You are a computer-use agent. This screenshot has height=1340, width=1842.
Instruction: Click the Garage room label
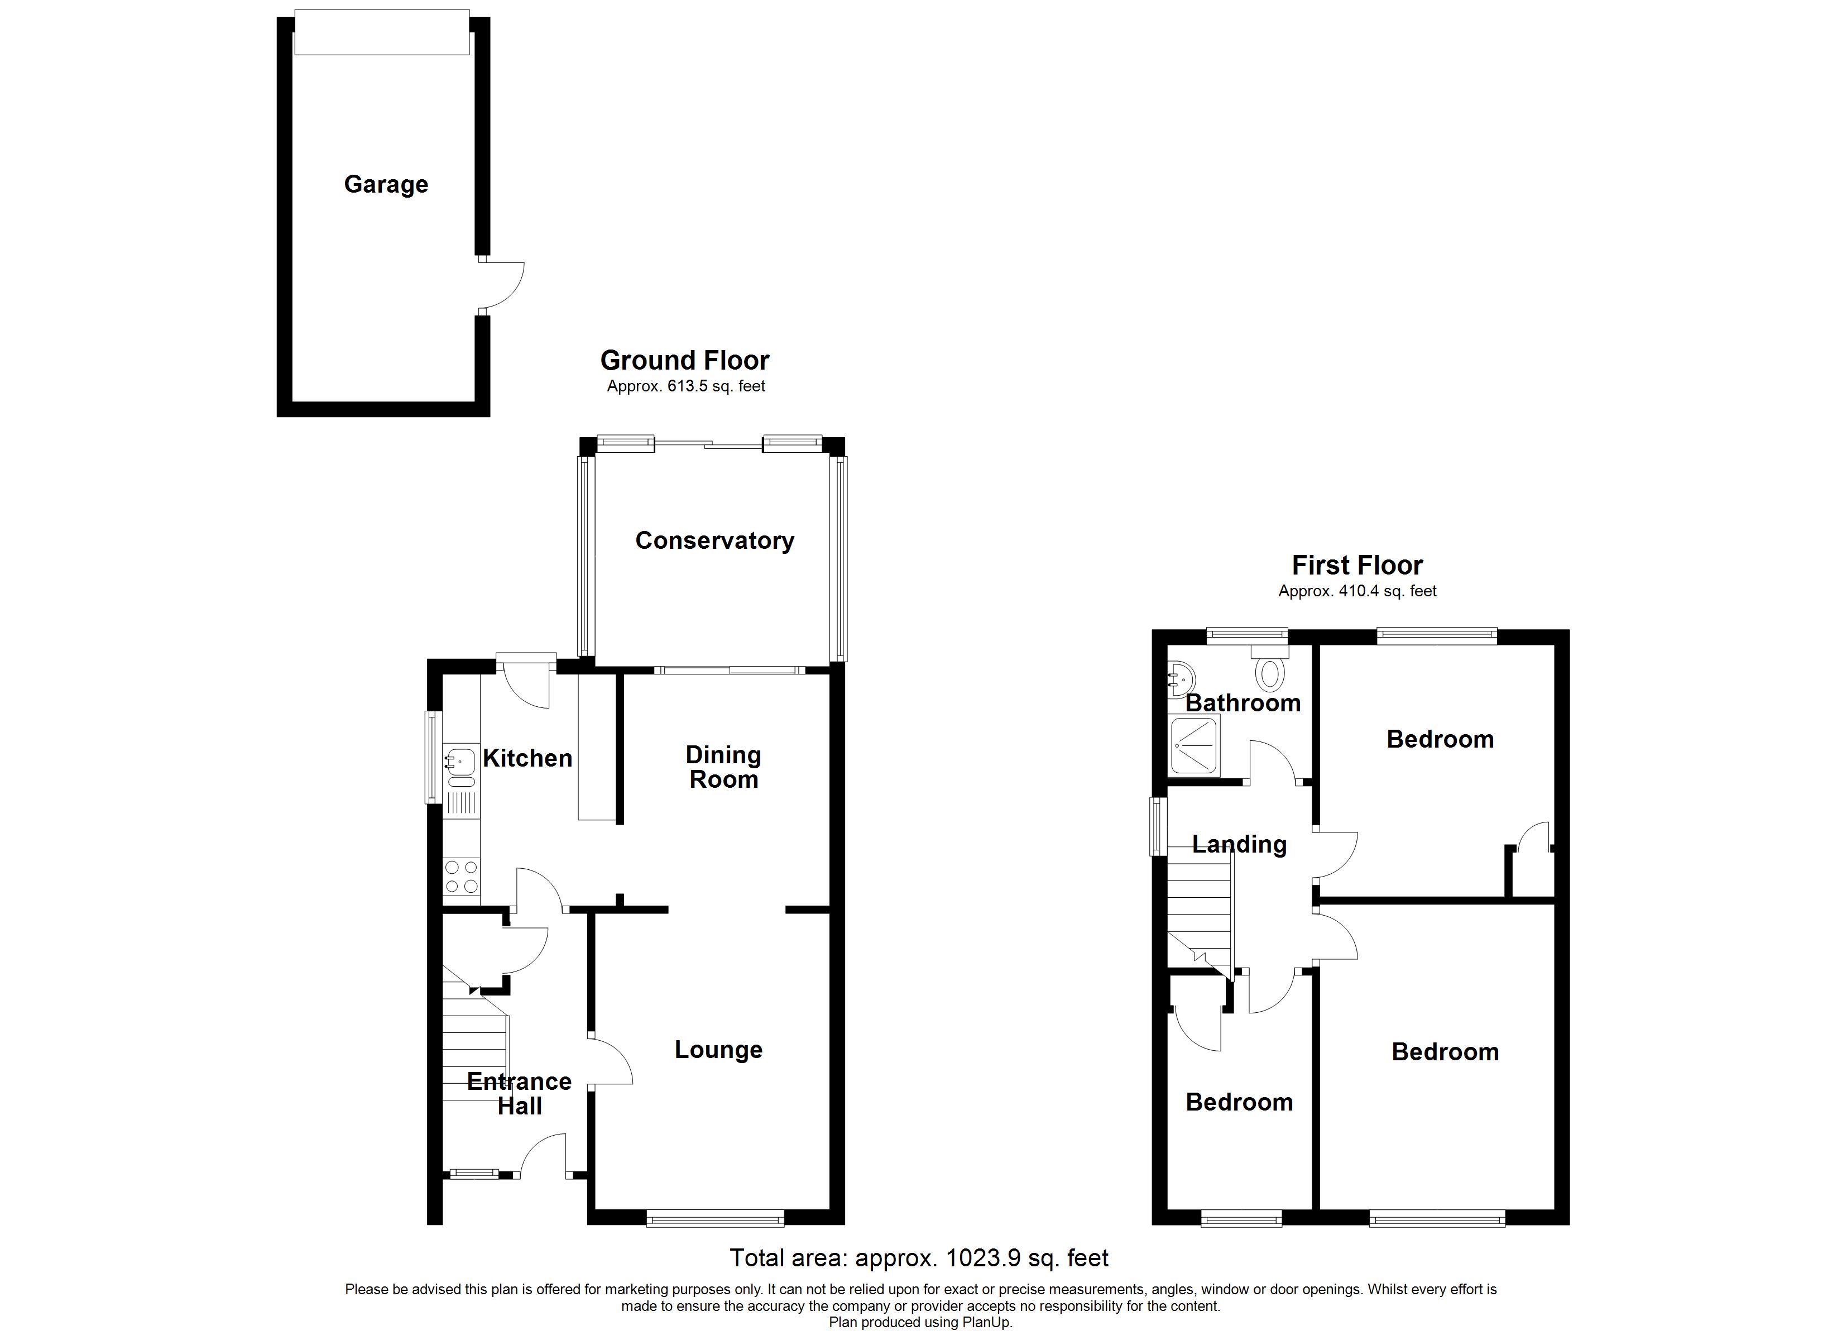coord(386,184)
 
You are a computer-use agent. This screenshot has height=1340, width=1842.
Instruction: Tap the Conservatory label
coord(714,540)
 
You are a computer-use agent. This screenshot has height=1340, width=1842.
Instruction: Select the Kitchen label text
coord(527,758)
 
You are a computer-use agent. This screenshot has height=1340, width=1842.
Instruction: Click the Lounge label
coord(718,1049)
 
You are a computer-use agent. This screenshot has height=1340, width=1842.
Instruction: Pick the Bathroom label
coord(1243,703)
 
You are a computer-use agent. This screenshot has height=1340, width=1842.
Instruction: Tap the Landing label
coord(1239,844)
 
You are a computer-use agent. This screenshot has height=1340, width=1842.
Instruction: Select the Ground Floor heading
coord(685,360)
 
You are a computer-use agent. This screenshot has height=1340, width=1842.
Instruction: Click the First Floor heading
coord(1357,565)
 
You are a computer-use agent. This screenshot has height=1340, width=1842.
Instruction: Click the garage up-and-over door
coord(382,32)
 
